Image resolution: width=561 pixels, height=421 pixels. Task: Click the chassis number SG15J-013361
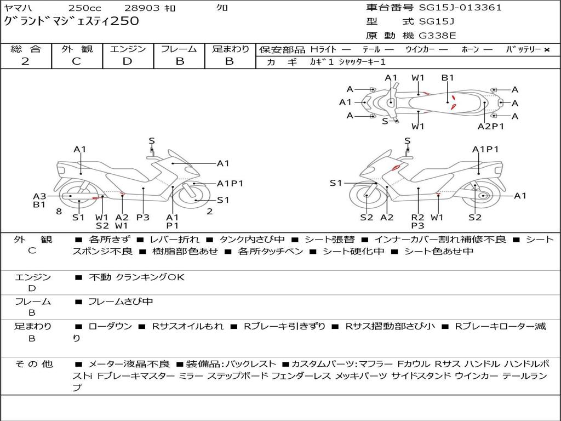coord(460,8)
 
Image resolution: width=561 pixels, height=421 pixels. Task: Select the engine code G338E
coord(437,36)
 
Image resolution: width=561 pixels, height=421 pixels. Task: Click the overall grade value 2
coord(25,61)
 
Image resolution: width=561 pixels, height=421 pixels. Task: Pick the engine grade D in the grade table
coord(127,61)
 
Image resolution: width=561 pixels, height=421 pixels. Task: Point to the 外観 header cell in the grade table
coord(77,49)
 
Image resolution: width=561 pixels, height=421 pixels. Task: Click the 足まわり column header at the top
coord(230,49)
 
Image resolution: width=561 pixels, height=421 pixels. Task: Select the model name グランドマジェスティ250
coord(71,22)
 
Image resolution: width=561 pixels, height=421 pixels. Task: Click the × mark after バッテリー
coord(546,49)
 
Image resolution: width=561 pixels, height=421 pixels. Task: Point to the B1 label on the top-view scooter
coord(448,78)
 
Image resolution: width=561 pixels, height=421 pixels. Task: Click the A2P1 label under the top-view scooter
coord(490,126)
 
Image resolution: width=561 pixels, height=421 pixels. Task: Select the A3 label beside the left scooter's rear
coord(39,196)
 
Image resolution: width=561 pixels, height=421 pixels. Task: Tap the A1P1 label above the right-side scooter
coord(485,149)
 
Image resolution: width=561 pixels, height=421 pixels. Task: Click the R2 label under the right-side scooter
coord(417,217)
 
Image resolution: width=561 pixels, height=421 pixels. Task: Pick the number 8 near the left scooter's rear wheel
coord(59,211)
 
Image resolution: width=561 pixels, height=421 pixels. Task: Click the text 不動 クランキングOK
coord(136,277)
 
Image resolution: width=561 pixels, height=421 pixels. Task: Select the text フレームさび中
coord(121,301)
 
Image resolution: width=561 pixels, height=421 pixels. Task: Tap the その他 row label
coord(33,364)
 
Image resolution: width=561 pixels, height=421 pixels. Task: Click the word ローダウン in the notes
coord(110,326)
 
